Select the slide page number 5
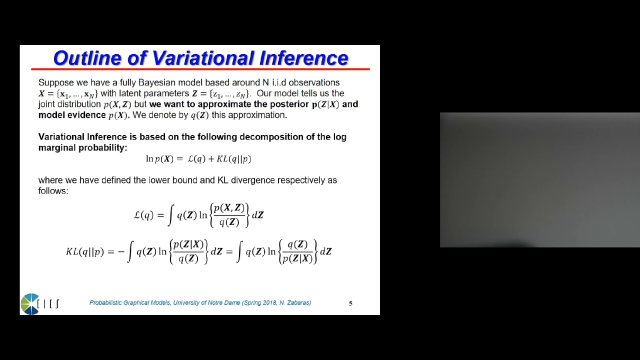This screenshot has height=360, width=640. tap(350, 303)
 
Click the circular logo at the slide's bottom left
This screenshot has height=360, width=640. tap(30, 304)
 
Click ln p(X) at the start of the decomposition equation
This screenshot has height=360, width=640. tap(159, 159)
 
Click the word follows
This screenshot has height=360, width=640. tap(53, 191)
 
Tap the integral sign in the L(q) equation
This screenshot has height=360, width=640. tap(170, 215)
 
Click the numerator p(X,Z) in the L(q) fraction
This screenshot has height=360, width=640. tap(229, 208)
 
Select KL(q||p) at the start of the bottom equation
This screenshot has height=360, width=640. tap(84, 251)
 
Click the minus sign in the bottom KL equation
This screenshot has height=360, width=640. tap(121, 251)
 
